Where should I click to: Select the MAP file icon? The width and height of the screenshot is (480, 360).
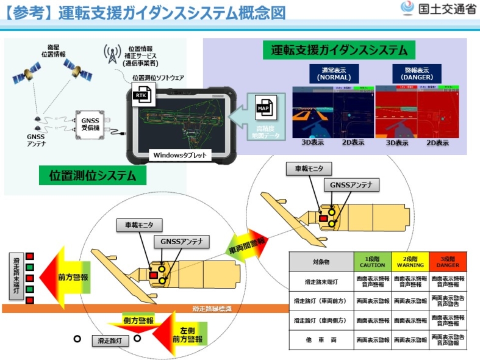point(264,109)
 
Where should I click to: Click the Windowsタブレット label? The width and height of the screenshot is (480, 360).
point(180,156)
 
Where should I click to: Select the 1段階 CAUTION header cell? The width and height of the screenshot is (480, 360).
point(372,262)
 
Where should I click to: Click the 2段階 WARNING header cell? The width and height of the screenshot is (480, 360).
point(409,262)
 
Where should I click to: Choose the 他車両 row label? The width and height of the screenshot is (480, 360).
point(321,339)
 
